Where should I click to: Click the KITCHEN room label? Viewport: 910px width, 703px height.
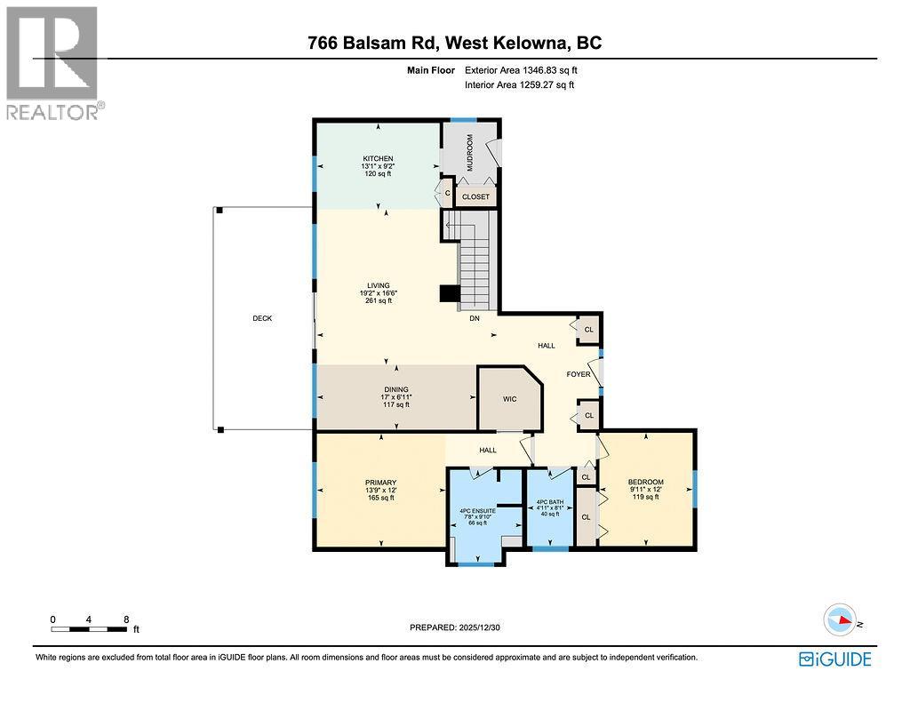[377, 158]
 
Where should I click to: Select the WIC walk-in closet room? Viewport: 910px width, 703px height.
[508, 399]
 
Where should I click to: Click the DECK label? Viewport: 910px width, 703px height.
[261, 317]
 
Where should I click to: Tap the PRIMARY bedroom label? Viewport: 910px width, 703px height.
[379, 483]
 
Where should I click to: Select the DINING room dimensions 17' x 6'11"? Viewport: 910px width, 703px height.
[396, 397]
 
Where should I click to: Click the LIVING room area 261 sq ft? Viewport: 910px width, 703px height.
[379, 301]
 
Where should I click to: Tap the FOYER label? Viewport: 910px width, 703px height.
[579, 374]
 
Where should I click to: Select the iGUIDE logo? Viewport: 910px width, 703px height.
[834, 659]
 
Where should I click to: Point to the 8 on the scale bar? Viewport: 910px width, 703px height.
[126, 619]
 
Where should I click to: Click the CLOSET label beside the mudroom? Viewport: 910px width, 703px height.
[475, 197]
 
